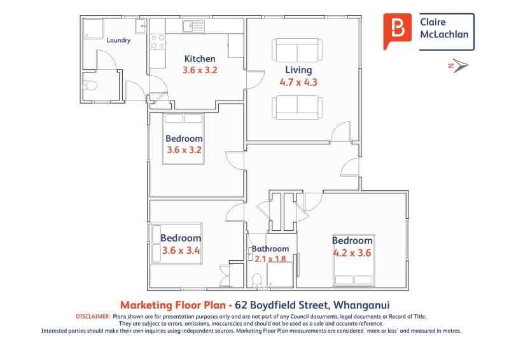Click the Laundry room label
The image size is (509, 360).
tap(118, 40)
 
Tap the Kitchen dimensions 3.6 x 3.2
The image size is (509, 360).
tap(200, 70)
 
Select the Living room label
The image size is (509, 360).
tap(298, 70)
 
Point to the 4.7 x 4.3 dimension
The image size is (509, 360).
tap(298, 82)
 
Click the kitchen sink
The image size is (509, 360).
tap(193, 26)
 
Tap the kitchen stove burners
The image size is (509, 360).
tap(158, 42)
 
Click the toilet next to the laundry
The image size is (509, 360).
tap(90, 85)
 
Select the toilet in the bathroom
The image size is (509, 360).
tap(257, 280)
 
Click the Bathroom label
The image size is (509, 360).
tap(270, 249)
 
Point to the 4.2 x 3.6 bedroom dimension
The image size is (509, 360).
tap(352, 253)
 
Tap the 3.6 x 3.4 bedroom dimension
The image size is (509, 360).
tap(181, 251)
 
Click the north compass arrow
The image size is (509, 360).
tap(458, 66)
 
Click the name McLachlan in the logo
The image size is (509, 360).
tap(444, 34)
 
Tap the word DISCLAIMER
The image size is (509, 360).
tap(93, 317)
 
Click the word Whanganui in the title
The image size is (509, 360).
tap(361, 305)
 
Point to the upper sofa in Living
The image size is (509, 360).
tap(297, 50)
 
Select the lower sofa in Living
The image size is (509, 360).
tap(297, 107)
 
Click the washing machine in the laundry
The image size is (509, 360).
tap(93, 29)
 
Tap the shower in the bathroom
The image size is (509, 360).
tap(280, 275)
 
